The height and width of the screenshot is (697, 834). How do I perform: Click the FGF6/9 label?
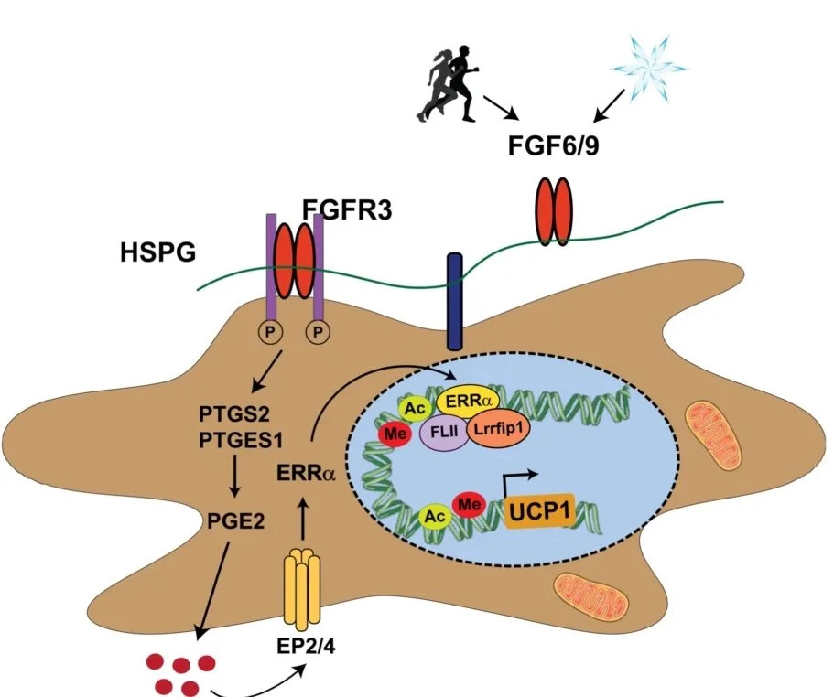click(555, 145)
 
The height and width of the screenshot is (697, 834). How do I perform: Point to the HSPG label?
click(157, 252)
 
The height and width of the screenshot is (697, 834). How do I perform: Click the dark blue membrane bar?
click(452, 302)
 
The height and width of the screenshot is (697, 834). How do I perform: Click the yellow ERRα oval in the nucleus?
click(466, 401)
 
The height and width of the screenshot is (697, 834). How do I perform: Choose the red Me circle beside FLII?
click(396, 434)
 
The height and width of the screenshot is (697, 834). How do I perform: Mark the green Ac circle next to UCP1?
click(433, 517)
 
